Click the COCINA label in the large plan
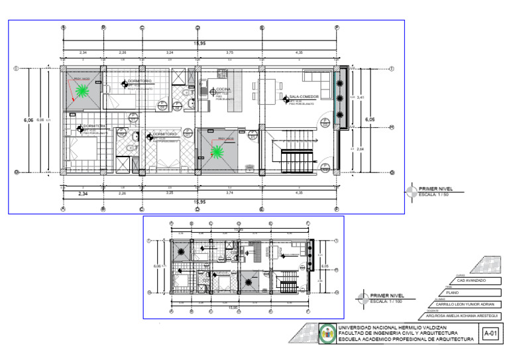coord(223,88)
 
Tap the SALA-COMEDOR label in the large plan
coord(304,97)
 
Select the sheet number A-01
coord(490,333)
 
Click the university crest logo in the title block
coord(327,333)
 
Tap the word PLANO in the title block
coord(453,292)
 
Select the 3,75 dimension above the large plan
coord(229,52)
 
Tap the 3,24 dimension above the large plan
coord(170,52)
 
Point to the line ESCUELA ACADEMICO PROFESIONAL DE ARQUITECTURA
coord(406,339)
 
